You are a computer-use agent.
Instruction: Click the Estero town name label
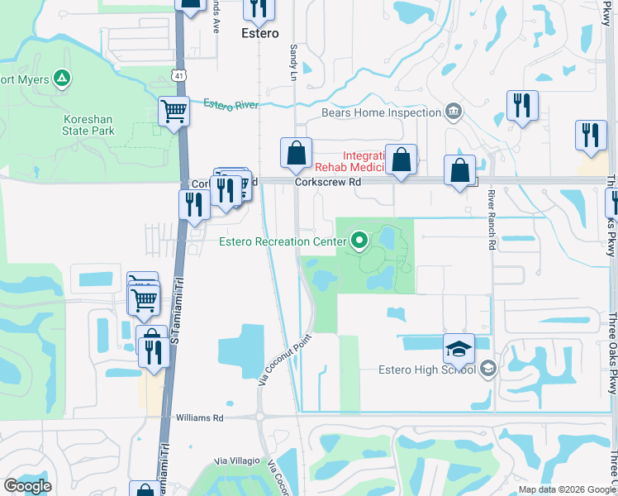[x=259, y=34]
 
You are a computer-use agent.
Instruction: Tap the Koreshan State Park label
[x=88, y=125]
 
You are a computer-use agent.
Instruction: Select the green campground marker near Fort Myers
[x=61, y=79]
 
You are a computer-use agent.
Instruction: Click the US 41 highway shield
[x=178, y=75]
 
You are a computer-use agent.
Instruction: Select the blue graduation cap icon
[x=459, y=350]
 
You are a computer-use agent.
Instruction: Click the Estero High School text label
[x=426, y=370]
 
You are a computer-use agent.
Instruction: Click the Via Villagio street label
[x=237, y=460]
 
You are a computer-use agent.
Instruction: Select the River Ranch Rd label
[x=492, y=220]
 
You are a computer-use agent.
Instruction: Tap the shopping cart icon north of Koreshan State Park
[x=174, y=111]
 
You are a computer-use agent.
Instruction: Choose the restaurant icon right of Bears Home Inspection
[x=522, y=106]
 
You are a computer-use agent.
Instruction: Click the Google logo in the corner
[x=28, y=485]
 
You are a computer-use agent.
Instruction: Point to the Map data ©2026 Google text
[x=567, y=489]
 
